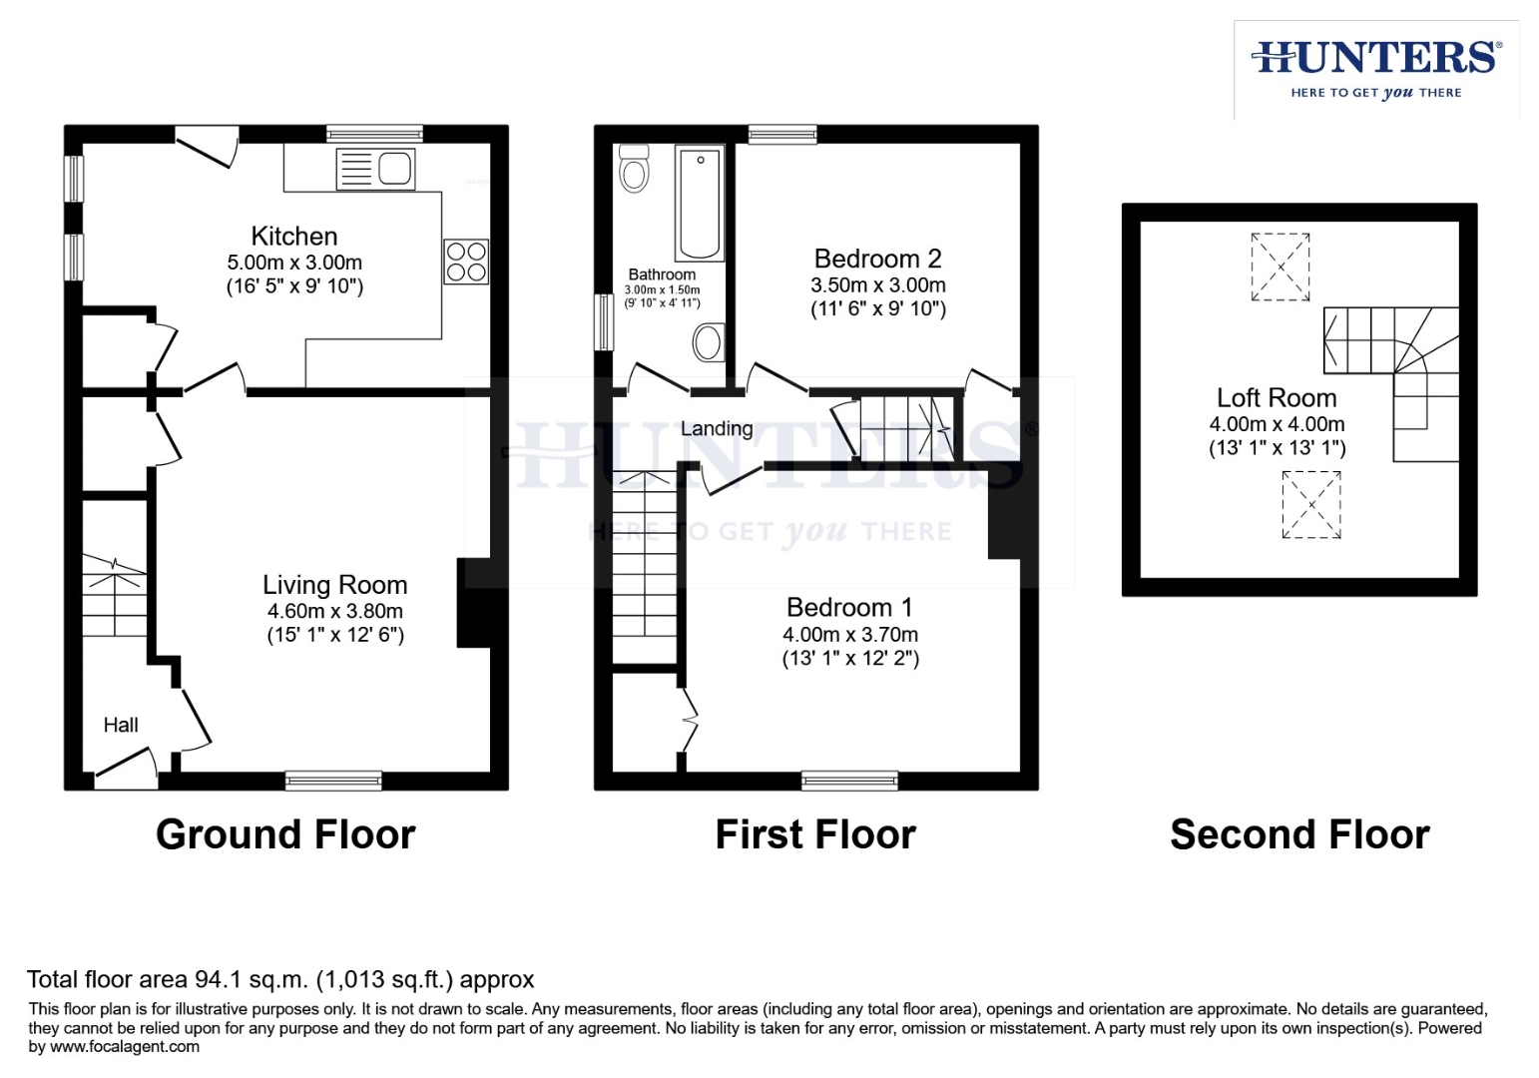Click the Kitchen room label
pyautogui.click(x=294, y=237)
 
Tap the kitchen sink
pyautogui.click(x=375, y=169)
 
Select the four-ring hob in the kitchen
pyautogui.click(x=466, y=262)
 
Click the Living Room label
pyautogui.click(x=334, y=585)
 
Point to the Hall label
pyautogui.click(x=121, y=725)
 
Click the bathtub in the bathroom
pyautogui.click(x=700, y=203)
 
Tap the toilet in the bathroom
pyautogui.click(x=634, y=168)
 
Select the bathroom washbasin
pyautogui.click(x=708, y=342)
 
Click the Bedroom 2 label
pyautogui.click(x=877, y=260)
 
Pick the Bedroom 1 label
pyautogui.click(x=849, y=608)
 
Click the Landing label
pyautogui.click(x=717, y=429)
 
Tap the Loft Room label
pyautogui.click(x=1277, y=398)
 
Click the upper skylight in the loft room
pyautogui.click(x=1281, y=267)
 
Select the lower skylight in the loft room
pyautogui.click(x=1310, y=505)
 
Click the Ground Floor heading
pyautogui.click(x=285, y=834)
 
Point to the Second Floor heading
pyautogui.click(x=1299, y=834)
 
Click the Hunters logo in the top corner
pyautogui.click(x=1376, y=69)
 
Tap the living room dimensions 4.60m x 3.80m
pyautogui.click(x=334, y=611)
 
